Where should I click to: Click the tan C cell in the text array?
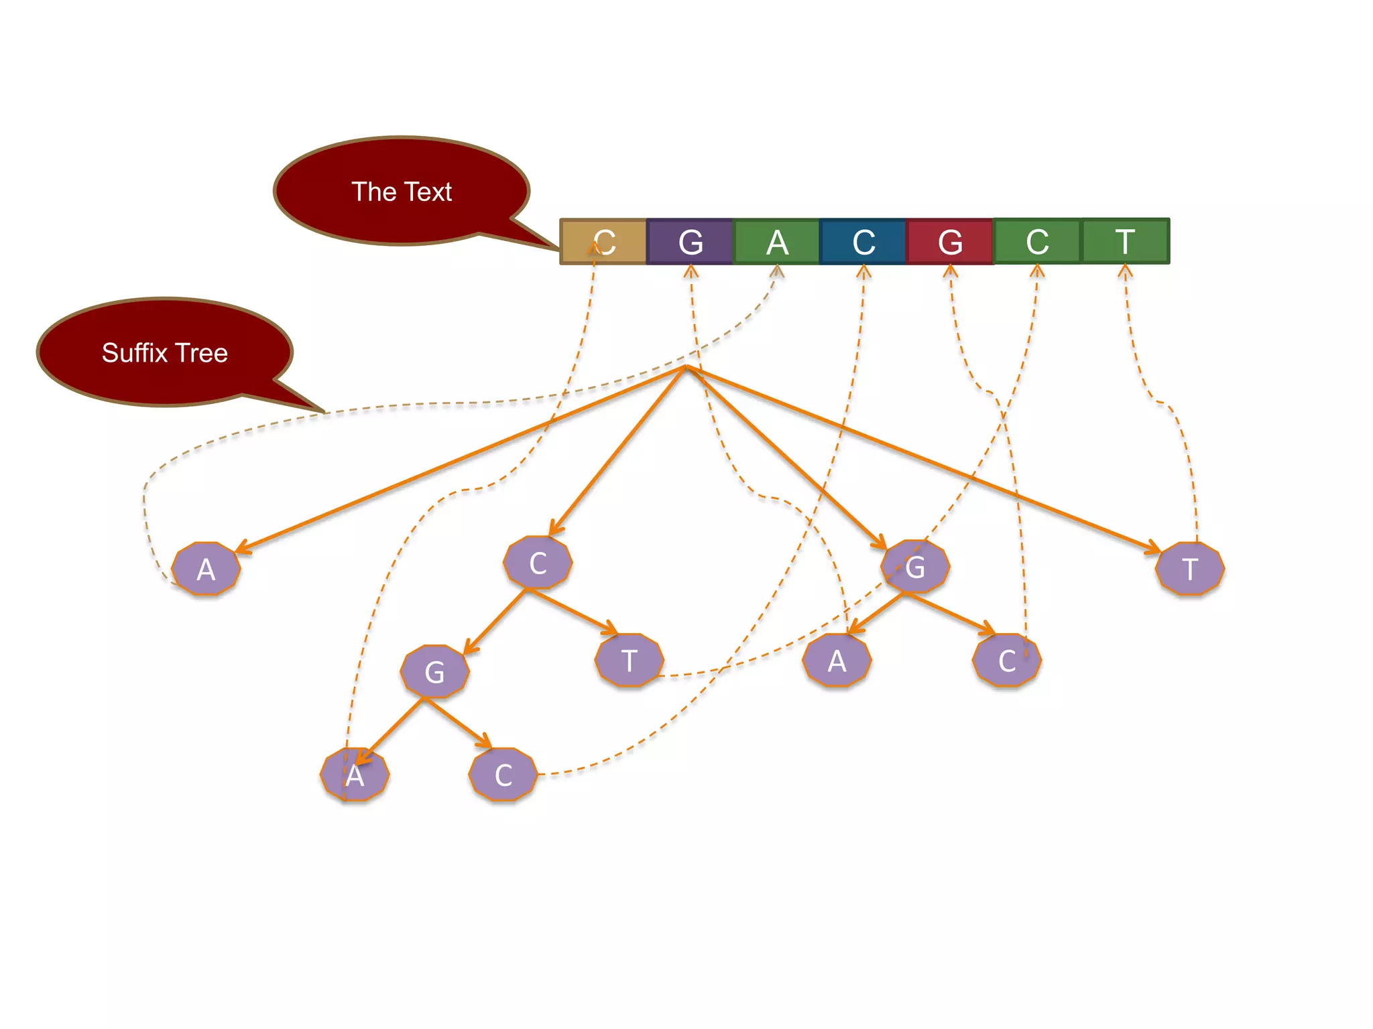tap(603, 242)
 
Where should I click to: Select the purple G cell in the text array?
tap(690, 242)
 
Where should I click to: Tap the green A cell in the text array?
tap(777, 242)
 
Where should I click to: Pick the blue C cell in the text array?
tap(863, 242)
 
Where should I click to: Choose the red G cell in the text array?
tap(950, 242)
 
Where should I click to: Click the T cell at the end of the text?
tap(1125, 241)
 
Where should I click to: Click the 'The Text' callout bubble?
tap(402, 192)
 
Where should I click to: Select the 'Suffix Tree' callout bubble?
tap(165, 352)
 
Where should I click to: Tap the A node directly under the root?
tap(206, 569)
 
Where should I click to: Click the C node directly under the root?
tap(538, 563)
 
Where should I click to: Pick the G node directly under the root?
tap(915, 567)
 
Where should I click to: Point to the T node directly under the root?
tap(1190, 569)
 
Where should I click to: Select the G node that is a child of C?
tap(434, 672)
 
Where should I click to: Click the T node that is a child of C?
tap(629, 661)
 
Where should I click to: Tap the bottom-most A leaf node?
tap(355, 776)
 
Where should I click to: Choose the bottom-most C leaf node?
tap(503, 775)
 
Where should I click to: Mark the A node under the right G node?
tap(837, 661)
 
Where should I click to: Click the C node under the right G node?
tap(1006, 661)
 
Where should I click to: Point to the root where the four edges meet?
tap(685, 367)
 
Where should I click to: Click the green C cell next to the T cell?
tap(1037, 241)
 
